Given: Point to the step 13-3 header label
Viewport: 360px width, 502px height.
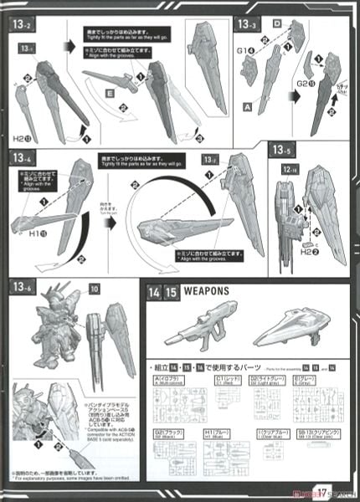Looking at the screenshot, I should click(x=245, y=25).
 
